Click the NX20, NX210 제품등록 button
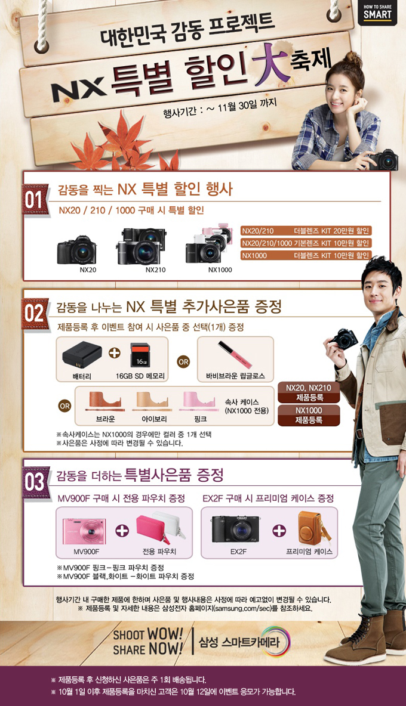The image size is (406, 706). click(309, 392)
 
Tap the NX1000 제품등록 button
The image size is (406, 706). click(309, 416)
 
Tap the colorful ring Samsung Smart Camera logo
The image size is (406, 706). click(275, 642)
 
